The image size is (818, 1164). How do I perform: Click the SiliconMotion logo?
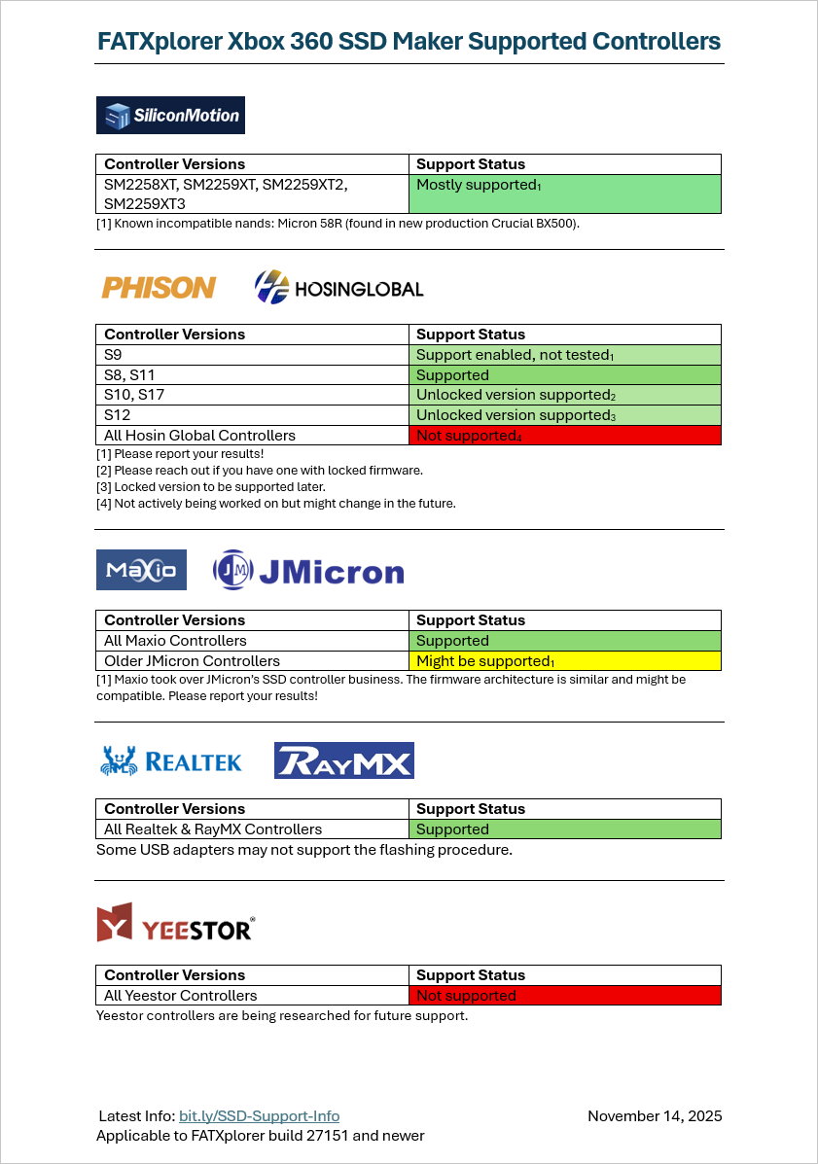coord(170,115)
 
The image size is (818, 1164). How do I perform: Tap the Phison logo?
coord(159,287)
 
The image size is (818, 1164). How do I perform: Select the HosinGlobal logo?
coord(338,287)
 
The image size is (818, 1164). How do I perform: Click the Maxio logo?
coord(141,569)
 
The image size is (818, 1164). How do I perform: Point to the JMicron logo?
coord(307,570)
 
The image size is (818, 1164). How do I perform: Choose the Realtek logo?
coord(170,760)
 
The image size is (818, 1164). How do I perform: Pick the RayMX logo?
coord(344,760)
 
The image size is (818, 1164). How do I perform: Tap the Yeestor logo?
coord(175,923)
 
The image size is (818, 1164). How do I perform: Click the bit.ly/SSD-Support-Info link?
coord(259,1116)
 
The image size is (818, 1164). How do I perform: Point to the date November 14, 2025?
coord(655,1116)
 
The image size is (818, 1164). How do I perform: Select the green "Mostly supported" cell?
coord(565,194)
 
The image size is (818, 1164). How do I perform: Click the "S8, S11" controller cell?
coord(252,375)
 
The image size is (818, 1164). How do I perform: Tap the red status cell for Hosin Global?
coord(565,436)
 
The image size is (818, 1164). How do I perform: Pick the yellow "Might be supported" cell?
coord(565,661)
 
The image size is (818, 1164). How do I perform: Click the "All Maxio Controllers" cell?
coord(252,641)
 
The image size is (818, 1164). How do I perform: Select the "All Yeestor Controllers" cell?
coord(252,996)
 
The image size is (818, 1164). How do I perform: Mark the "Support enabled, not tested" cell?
coord(565,355)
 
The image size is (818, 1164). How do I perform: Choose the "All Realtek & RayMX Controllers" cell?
coord(252,829)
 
